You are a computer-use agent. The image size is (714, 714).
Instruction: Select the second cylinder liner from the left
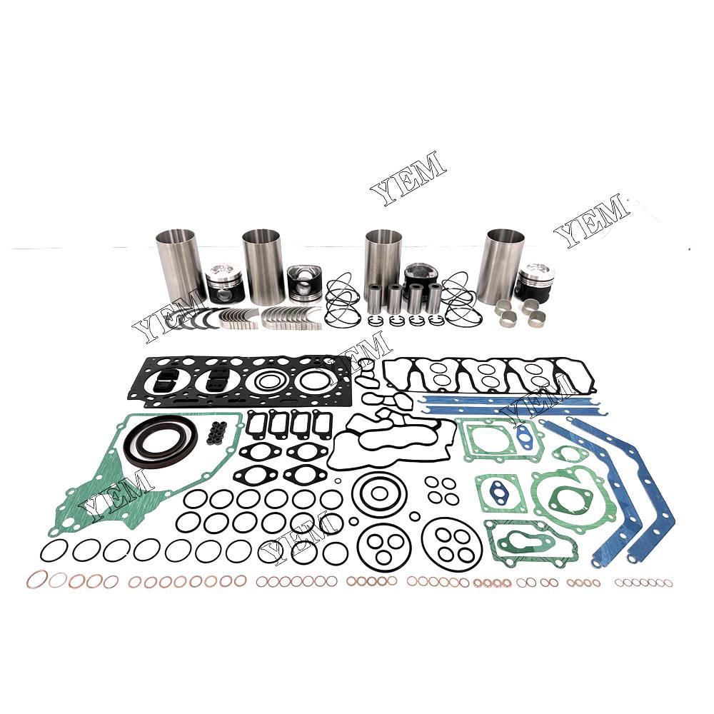[x=263, y=266]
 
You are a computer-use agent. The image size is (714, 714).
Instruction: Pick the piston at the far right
[x=534, y=281]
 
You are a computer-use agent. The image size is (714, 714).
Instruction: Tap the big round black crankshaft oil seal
[x=161, y=441]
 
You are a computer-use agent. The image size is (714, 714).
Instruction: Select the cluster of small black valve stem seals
[x=218, y=434]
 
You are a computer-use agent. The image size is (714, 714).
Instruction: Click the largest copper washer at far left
[x=37, y=580]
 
